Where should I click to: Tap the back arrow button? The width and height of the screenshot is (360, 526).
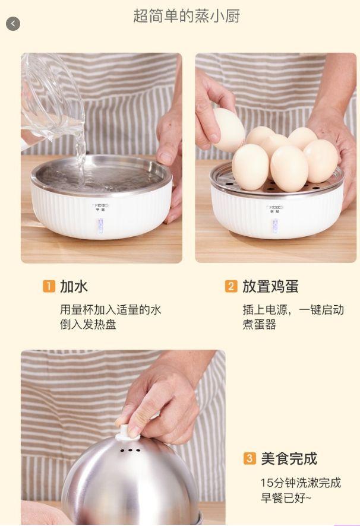12,24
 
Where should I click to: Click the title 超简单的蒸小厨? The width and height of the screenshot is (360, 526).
187,16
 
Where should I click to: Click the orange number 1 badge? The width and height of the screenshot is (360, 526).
49,286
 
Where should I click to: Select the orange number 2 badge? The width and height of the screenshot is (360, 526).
231,286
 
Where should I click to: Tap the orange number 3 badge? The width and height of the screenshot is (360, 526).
250,458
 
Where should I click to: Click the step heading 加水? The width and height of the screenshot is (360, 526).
74,287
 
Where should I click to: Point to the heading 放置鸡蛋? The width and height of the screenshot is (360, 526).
270,287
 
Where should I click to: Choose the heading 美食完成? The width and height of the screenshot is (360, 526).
289,458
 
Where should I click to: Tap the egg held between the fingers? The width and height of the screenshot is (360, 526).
229,129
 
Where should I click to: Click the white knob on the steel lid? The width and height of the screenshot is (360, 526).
124,432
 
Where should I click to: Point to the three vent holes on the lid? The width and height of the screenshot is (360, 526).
130,450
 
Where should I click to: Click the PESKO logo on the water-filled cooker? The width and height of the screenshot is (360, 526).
99,205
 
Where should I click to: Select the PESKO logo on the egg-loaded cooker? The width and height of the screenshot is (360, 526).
274,208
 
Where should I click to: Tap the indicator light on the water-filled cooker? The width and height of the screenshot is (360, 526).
100,226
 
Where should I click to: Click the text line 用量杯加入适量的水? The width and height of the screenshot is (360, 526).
110,310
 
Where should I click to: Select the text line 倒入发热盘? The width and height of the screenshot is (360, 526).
88,324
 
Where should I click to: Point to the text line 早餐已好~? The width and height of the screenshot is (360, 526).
286,498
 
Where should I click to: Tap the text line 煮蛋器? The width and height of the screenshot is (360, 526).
259,324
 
